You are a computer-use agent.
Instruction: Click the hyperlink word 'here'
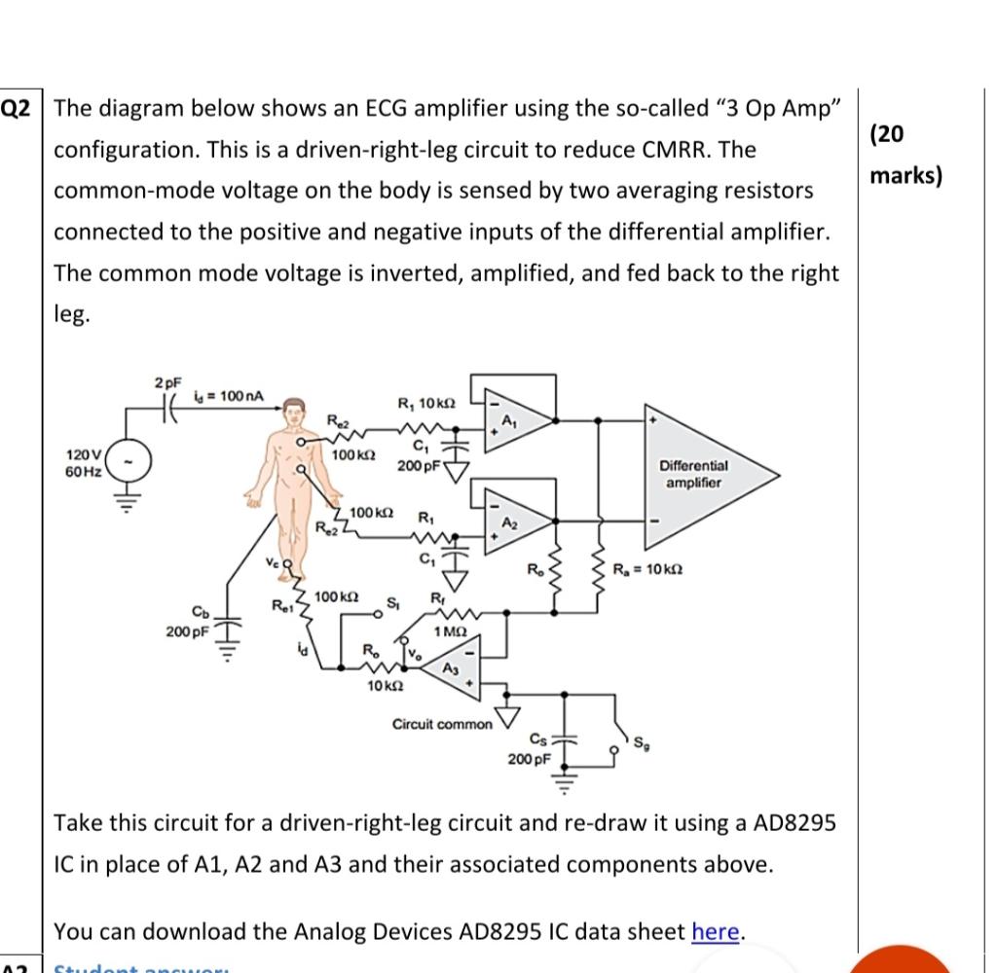pos(717,931)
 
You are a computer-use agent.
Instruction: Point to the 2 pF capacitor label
pos(166,383)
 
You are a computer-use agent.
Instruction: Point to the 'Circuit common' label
pos(442,724)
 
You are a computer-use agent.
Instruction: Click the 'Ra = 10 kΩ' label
pos(646,568)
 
